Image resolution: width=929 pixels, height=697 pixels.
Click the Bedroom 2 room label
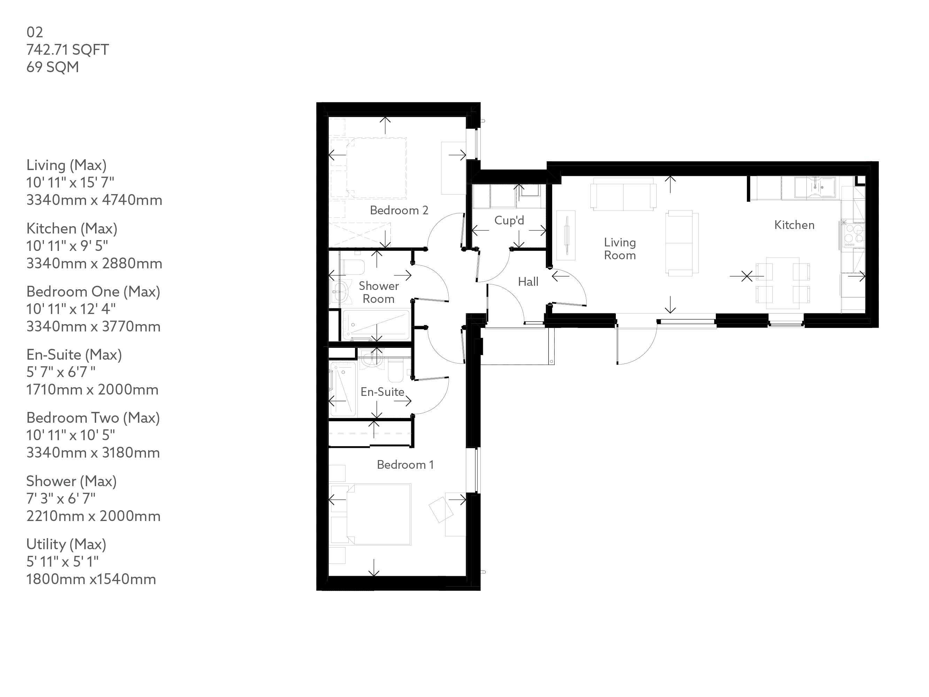[x=398, y=210]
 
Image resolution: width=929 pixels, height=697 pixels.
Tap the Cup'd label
[x=509, y=220]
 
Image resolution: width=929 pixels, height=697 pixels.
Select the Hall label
[x=528, y=282]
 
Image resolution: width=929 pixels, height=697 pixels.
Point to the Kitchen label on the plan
[x=794, y=225]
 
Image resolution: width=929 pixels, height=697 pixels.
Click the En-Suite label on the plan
[x=382, y=392]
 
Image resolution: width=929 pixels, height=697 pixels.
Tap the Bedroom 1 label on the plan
[x=405, y=464]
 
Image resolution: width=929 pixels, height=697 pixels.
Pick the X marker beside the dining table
[x=746, y=276]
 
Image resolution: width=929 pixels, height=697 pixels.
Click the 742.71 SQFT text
[x=67, y=49]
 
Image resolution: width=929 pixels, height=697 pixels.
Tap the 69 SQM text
[x=53, y=67]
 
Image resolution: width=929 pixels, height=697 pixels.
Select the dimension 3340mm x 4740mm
[x=94, y=200]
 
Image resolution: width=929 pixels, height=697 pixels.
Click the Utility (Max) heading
[x=66, y=544]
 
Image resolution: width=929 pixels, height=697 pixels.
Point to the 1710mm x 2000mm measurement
[x=92, y=390]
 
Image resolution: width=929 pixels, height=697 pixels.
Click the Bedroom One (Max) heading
[x=93, y=292]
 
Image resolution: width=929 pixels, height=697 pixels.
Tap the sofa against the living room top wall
[x=623, y=194]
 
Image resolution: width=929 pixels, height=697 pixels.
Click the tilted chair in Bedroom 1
[x=441, y=509]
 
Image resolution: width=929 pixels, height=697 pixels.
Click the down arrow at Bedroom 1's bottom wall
[x=373, y=568]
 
